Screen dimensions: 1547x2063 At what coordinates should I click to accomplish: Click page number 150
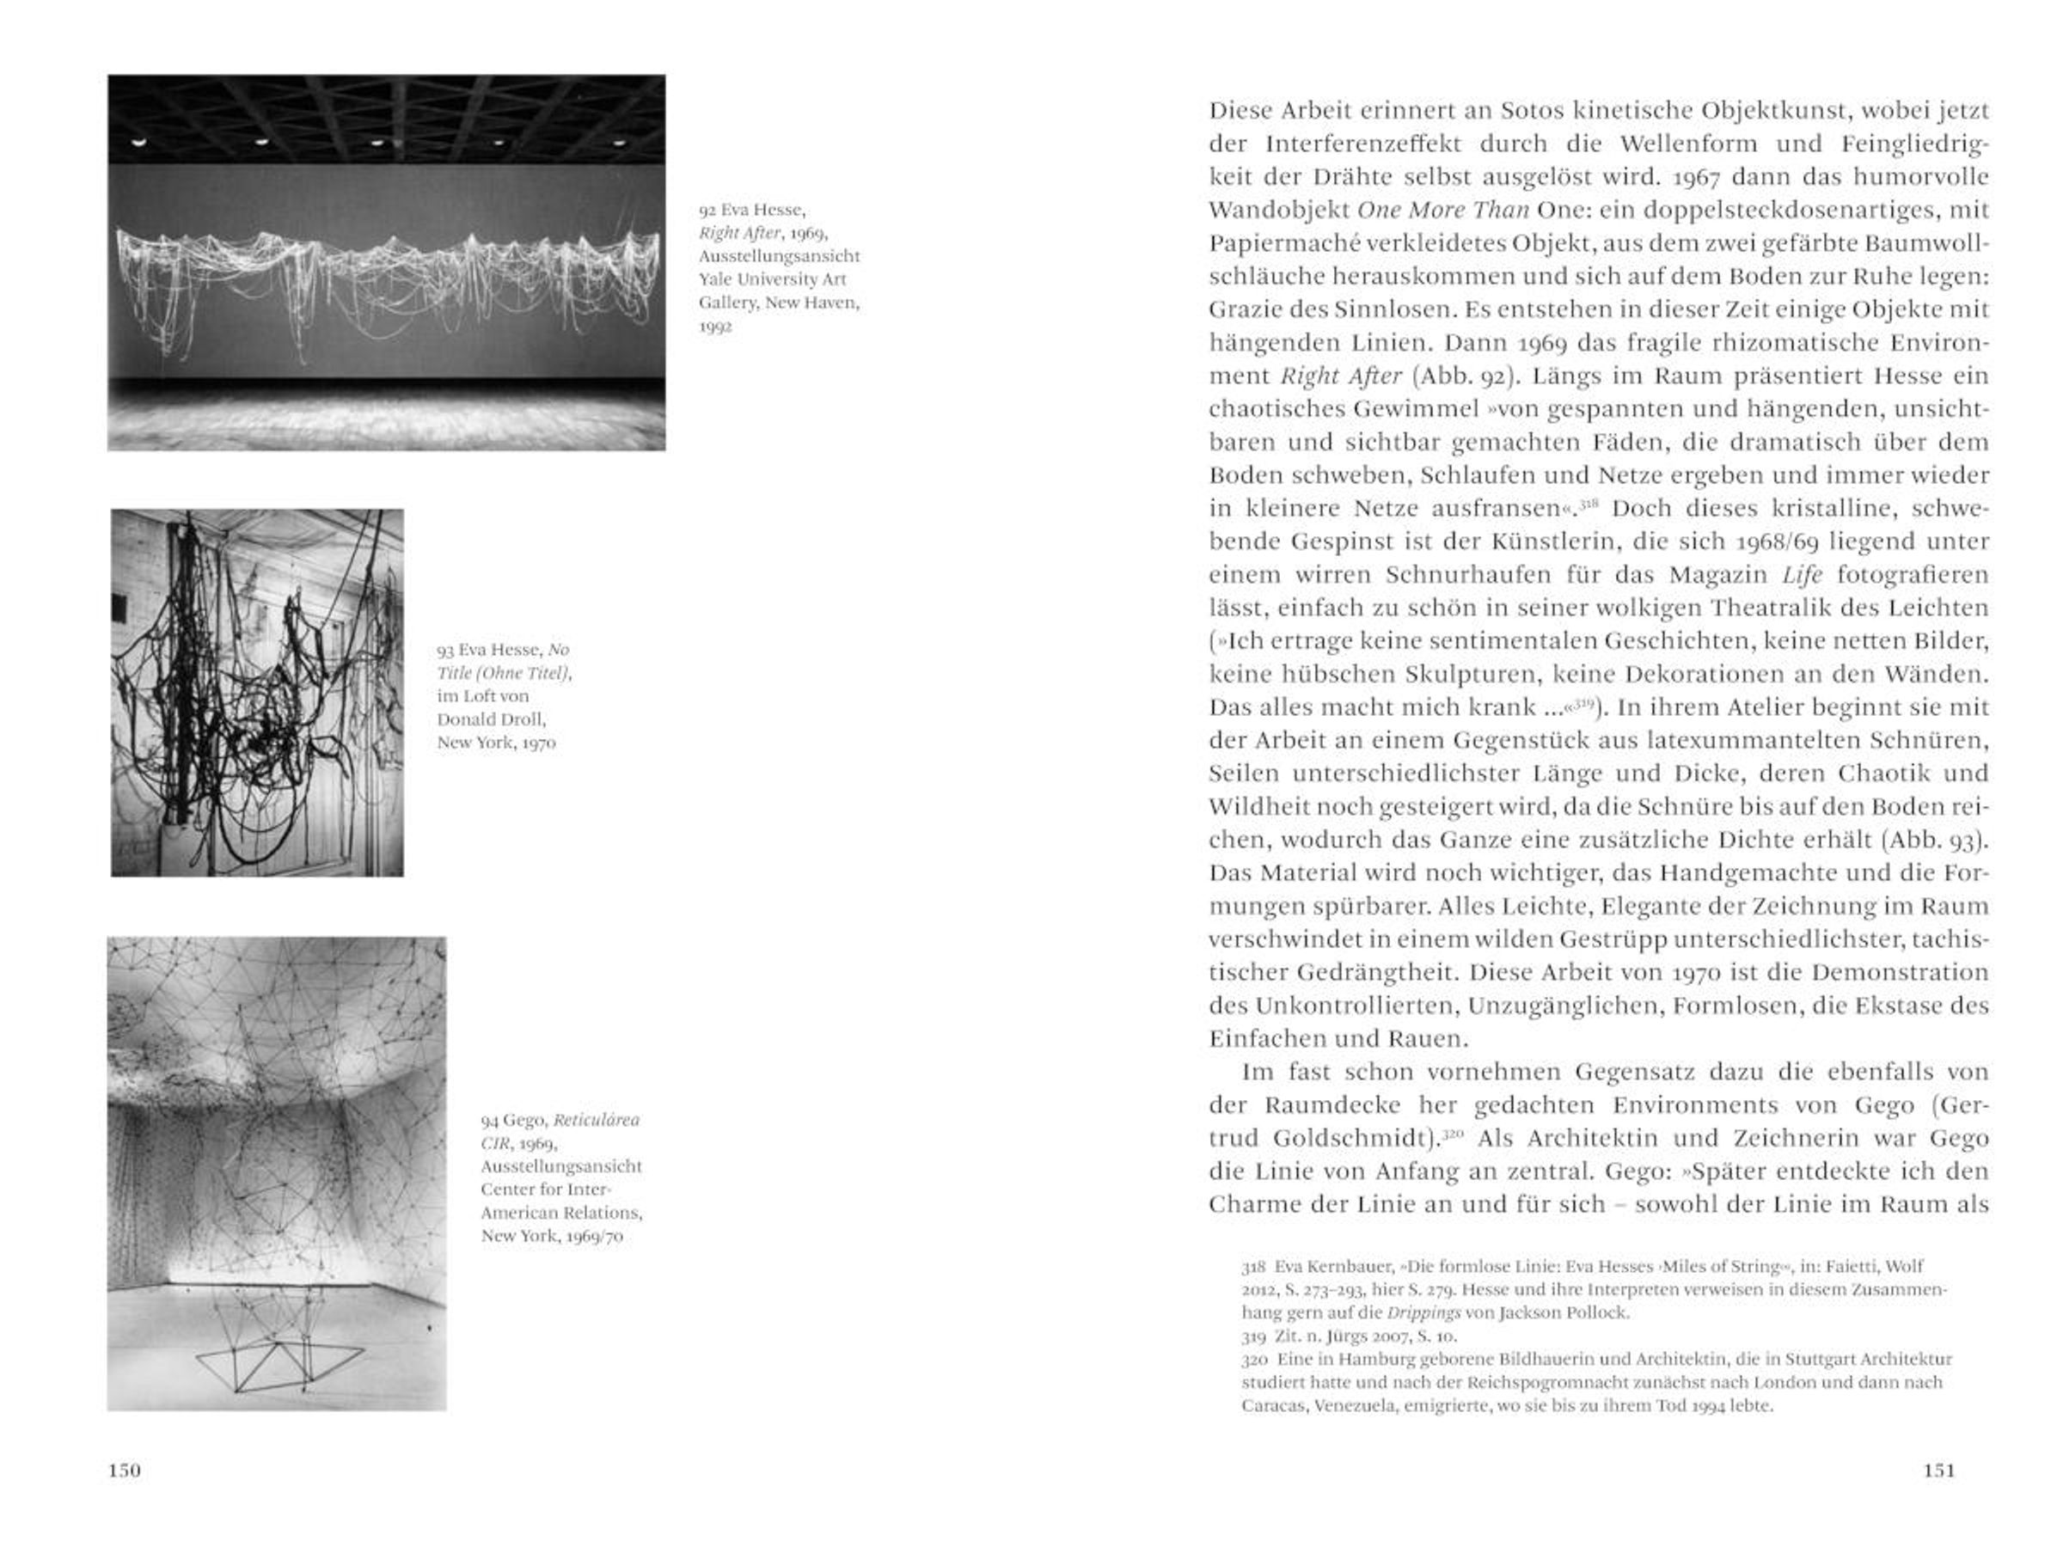tap(124, 1471)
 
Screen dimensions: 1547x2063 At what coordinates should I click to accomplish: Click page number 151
tap(1938, 1471)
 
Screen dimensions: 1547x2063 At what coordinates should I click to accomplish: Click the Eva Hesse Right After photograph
tap(386, 263)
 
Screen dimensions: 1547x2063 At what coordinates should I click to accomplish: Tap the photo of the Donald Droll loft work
tap(257, 693)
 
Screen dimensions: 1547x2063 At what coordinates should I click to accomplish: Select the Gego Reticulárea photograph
tap(277, 1173)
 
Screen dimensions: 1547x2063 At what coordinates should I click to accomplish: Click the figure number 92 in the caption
tap(707, 211)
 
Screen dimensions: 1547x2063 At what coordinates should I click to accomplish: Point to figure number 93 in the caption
tap(445, 650)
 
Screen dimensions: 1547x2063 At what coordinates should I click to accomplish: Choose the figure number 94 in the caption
tap(490, 1120)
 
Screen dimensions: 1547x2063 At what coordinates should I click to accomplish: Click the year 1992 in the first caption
tap(715, 327)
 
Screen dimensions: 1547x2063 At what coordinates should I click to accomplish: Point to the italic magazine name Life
tap(1801, 575)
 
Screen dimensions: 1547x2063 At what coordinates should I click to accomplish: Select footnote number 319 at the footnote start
tap(1253, 1336)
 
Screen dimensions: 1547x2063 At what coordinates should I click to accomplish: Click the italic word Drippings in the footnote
tap(1423, 1313)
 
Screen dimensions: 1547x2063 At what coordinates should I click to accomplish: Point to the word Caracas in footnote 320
tap(1272, 1405)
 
